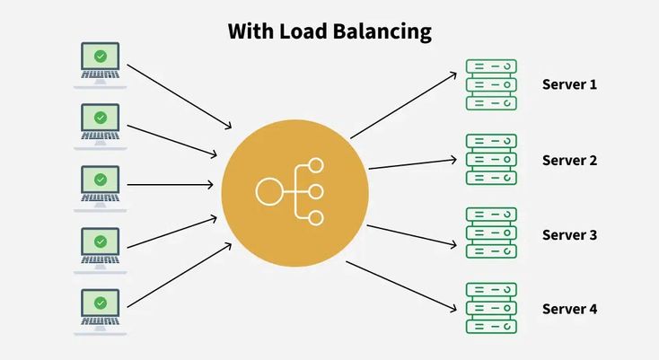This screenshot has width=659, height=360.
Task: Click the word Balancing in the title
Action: click(389, 32)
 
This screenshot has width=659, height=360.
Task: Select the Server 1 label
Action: click(569, 84)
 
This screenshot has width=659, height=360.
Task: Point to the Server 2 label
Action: click(569, 161)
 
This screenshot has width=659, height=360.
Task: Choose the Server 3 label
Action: click(569, 235)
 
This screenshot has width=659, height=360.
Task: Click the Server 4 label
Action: click(569, 309)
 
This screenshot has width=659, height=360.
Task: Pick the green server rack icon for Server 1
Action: click(491, 84)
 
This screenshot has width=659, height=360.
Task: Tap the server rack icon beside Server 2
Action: click(491, 160)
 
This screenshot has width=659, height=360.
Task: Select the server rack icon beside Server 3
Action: click(491, 234)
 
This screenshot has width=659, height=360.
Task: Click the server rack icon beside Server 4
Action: click(491, 309)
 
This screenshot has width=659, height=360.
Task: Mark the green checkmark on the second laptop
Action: click(101, 118)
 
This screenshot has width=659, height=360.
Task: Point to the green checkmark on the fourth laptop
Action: click(101, 241)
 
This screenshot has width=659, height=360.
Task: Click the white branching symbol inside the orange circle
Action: click(290, 190)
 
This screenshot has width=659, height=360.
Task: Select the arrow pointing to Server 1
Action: click(404, 105)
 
